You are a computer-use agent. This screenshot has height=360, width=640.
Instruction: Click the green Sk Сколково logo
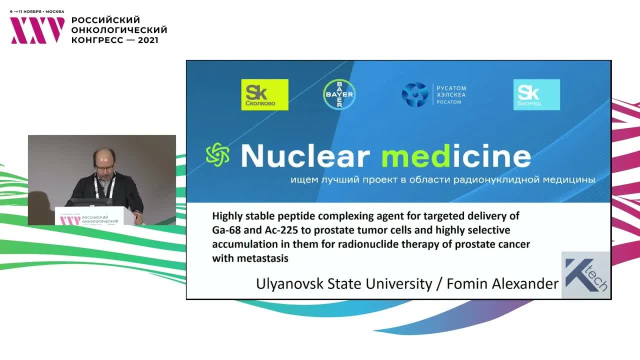[264, 94]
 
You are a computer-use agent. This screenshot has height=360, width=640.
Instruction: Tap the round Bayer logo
[339, 94]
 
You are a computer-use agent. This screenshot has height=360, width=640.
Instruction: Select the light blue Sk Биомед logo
[536, 94]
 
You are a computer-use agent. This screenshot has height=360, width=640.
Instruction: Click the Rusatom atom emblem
[414, 94]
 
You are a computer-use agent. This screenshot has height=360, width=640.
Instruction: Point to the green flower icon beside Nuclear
[218, 154]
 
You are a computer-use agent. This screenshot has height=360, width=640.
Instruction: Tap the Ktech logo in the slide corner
[585, 275]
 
